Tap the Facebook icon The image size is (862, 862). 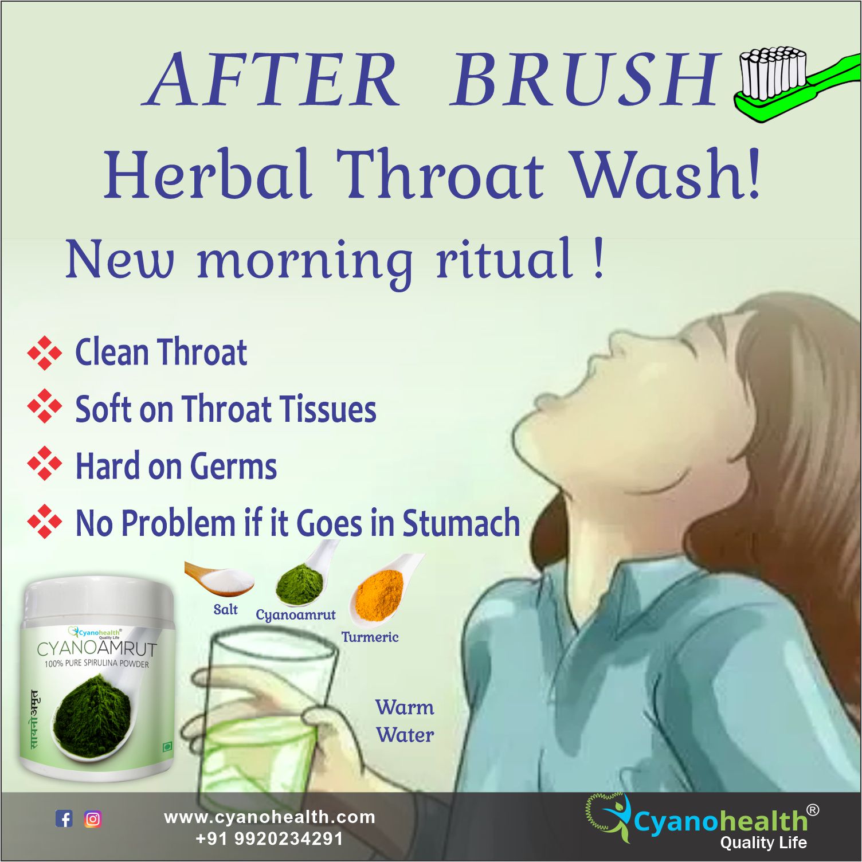pyautogui.click(x=64, y=819)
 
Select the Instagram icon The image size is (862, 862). pyautogui.click(x=93, y=819)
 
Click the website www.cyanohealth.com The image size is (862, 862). pyautogui.click(x=269, y=817)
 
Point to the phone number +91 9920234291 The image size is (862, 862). pyautogui.click(x=269, y=839)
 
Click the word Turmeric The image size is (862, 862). pyautogui.click(x=370, y=637)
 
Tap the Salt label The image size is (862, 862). pyautogui.click(x=225, y=609)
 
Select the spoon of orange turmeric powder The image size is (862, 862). pyautogui.click(x=384, y=590)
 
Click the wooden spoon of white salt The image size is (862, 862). pyautogui.click(x=219, y=579)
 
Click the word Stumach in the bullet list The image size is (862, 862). pyautogui.click(x=461, y=523)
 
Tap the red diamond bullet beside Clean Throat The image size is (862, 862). pyautogui.click(x=44, y=352)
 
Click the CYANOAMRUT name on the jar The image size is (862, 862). pyautogui.click(x=96, y=649)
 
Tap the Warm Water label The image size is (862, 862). pyautogui.click(x=405, y=721)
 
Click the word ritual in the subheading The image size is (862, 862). pyautogui.click(x=504, y=259)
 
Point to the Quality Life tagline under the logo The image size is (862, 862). pyautogui.click(x=763, y=843)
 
